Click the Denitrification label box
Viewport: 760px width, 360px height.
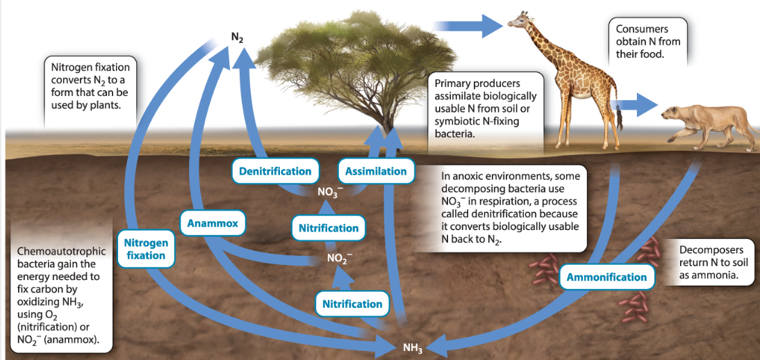275,171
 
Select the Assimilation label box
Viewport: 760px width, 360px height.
376,171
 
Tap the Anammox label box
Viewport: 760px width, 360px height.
213,224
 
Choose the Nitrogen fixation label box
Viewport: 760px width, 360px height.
146,248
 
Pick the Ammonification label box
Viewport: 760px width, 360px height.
606,277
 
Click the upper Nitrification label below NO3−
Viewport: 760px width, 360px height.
328,228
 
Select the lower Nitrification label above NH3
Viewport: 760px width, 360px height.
352,304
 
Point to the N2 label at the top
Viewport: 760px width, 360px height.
237,38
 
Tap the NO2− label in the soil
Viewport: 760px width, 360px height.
337,258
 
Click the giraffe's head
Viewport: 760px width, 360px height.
519,21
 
